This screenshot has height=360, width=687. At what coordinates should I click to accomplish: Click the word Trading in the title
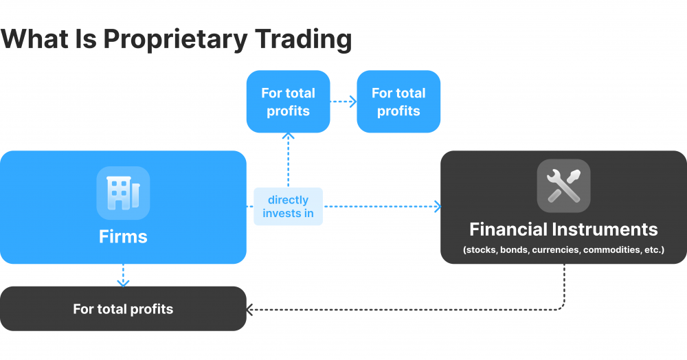tap(305, 39)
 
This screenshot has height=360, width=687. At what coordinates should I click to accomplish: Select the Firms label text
tap(123, 237)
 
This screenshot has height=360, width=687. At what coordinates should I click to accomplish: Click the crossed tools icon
tap(563, 185)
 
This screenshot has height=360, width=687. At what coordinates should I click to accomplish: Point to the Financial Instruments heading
tap(563, 229)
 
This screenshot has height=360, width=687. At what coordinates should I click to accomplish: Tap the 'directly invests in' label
tap(289, 206)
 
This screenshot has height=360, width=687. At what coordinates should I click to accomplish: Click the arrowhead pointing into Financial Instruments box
tap(437, 206)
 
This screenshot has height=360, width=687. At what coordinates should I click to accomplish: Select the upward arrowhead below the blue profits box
tap(289, 135)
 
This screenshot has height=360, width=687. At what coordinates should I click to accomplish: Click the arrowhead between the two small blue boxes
tap(353, 102)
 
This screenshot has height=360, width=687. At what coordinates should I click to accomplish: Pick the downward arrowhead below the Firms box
tap(123, 282)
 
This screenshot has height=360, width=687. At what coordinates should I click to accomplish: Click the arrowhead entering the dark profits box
tap(250, 310)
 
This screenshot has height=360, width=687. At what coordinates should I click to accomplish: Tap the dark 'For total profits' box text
tap(123, 309)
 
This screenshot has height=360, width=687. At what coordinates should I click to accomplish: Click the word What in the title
tap(34, 39)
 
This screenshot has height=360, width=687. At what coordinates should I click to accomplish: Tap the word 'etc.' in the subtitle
tap(653, 250)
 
